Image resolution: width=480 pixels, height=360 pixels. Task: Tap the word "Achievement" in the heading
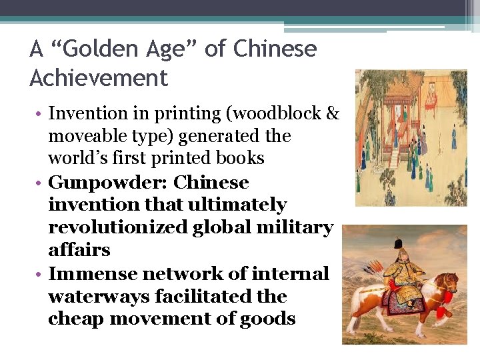[x=99, y=79]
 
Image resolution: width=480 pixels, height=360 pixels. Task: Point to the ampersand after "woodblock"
[x=333, y=114]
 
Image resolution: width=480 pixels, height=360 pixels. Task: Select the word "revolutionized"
[x=118, y=227]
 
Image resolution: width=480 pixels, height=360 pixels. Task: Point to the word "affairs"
[x=79, y=250]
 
